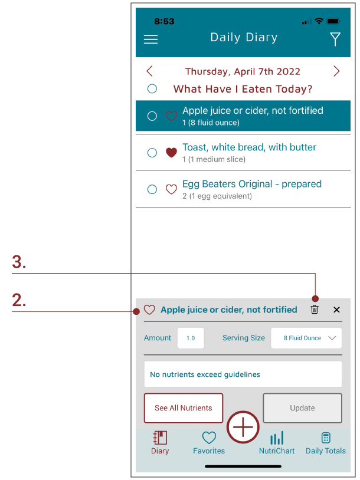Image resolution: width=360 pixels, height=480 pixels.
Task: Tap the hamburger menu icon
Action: pos(150,39)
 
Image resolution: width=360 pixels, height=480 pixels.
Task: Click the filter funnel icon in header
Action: pos(335,39)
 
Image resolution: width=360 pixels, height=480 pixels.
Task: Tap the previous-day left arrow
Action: pos(149,71)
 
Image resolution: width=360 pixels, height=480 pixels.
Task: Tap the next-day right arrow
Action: pos(336,71)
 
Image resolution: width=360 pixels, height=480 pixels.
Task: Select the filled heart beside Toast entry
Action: pos(171,152)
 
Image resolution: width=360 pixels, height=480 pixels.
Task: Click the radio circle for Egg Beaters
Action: pos(152,189)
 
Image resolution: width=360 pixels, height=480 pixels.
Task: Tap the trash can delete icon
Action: pos(315,310)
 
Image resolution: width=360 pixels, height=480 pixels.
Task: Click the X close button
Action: pos(336,310)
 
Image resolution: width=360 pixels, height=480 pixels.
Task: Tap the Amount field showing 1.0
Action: pos(191,338)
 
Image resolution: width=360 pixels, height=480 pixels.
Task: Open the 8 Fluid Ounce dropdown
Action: pos(306,338)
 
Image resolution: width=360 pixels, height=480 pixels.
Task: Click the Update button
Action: pos(302,408)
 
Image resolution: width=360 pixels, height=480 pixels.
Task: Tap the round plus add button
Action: pos(243,427)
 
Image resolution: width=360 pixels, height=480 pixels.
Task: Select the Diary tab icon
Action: pos(161,438)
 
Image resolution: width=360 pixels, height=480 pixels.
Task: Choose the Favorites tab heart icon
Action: pos(209,438)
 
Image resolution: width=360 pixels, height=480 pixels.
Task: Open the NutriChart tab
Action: pos(277,442)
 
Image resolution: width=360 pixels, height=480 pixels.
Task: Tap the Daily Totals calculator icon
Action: pos(326,438)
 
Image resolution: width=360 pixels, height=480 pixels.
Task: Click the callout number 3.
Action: pos(19,262)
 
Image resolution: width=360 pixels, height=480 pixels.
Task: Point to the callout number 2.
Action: pos(19,300)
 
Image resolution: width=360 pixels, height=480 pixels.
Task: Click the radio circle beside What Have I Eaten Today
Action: pos(152,89)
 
